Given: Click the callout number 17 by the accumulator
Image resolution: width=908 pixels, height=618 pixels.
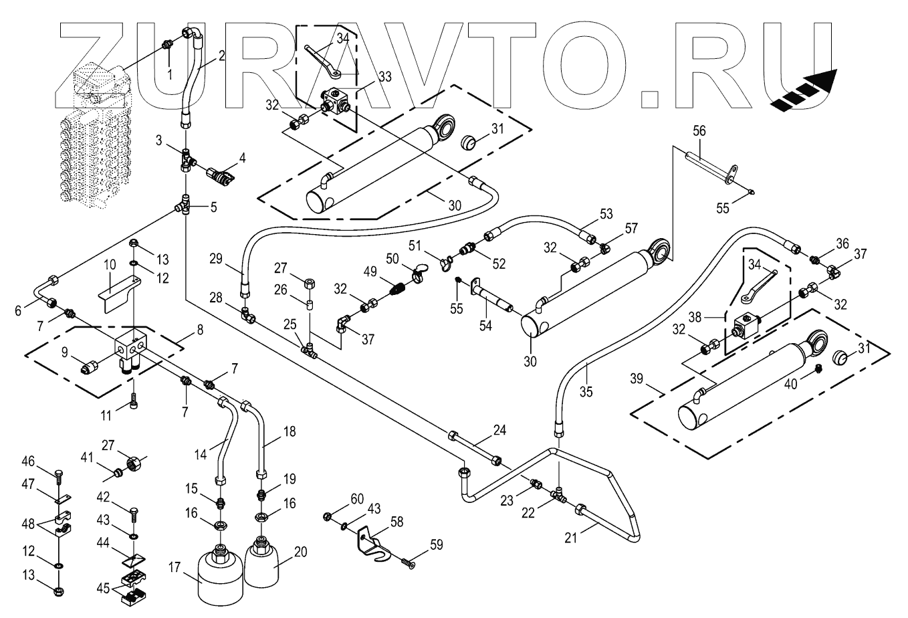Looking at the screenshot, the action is click(175, 568).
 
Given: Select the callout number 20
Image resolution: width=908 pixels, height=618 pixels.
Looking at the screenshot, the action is click(300, 552).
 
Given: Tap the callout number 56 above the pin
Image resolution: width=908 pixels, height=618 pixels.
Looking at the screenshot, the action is click(699, 130).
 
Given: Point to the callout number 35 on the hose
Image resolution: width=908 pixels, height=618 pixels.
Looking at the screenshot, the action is click(586, 392).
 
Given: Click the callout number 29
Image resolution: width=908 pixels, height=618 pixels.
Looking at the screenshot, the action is click(216, 258).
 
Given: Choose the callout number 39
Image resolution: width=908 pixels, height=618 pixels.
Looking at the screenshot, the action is click(637, 379).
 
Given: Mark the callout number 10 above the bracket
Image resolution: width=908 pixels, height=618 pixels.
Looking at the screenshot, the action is click(110, 264).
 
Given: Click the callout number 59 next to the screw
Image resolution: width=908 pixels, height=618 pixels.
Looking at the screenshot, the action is click(436, 544).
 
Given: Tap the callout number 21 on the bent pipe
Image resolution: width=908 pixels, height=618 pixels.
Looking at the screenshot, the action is click(571, 538).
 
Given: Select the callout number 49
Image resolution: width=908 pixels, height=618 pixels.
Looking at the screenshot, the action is click(370, 272).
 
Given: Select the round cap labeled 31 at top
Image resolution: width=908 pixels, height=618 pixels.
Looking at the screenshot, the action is click(469, 142).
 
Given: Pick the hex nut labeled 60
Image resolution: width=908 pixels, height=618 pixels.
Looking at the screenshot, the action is click(327, 516).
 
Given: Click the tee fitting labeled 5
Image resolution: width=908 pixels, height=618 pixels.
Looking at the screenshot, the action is click(185, 205).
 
